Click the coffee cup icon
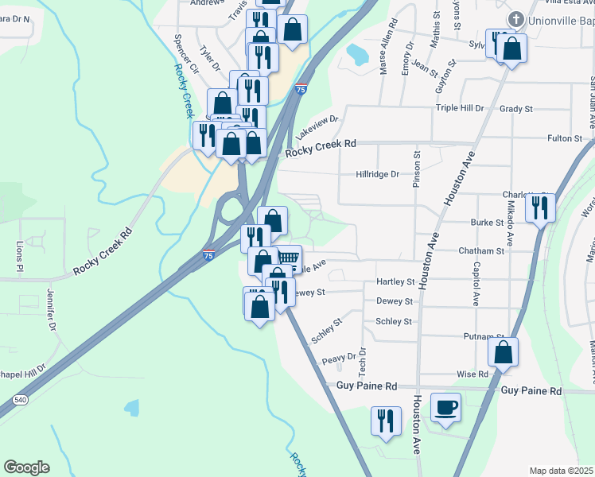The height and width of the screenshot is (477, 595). click(445, 408)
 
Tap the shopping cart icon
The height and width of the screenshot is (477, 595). click(289, 258)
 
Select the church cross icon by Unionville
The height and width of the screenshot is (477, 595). click(515, 18)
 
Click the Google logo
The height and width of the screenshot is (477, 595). click(26, 467)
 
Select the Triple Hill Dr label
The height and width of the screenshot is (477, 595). click(459, 108)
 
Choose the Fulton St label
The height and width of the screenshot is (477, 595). click(565, 138)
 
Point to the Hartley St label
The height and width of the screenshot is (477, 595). click(395, 281)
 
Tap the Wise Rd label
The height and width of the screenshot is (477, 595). click(472, 374)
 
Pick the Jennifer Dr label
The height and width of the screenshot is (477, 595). click(52, 315)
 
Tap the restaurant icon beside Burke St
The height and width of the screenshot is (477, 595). click(541, 207)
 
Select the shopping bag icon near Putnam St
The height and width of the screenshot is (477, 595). click(503, 351)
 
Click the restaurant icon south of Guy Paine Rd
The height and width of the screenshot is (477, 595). click(386, 421)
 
